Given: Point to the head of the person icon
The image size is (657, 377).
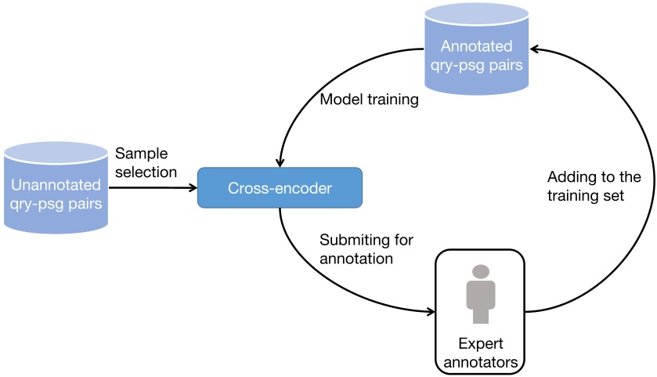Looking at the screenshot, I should coord(481,271).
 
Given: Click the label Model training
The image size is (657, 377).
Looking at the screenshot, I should coord(369,100).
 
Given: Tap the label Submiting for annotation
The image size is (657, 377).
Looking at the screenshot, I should coord(366,248).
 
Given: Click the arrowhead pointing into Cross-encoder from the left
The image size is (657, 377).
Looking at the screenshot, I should coord(192,187).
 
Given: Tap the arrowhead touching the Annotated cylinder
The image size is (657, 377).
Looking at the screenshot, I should coord(535,49).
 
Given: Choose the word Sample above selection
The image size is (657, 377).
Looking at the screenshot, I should coord(142,153).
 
